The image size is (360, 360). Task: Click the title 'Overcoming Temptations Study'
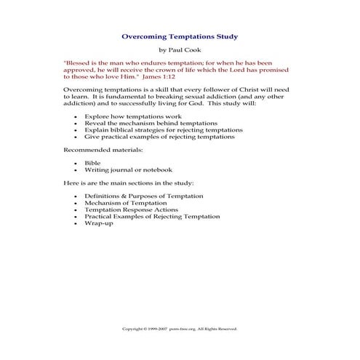pos(179,34)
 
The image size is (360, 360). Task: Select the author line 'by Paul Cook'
pos(179,50)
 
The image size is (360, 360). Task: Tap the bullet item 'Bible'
pos(92,163)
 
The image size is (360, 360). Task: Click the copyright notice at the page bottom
pos(179,329)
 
